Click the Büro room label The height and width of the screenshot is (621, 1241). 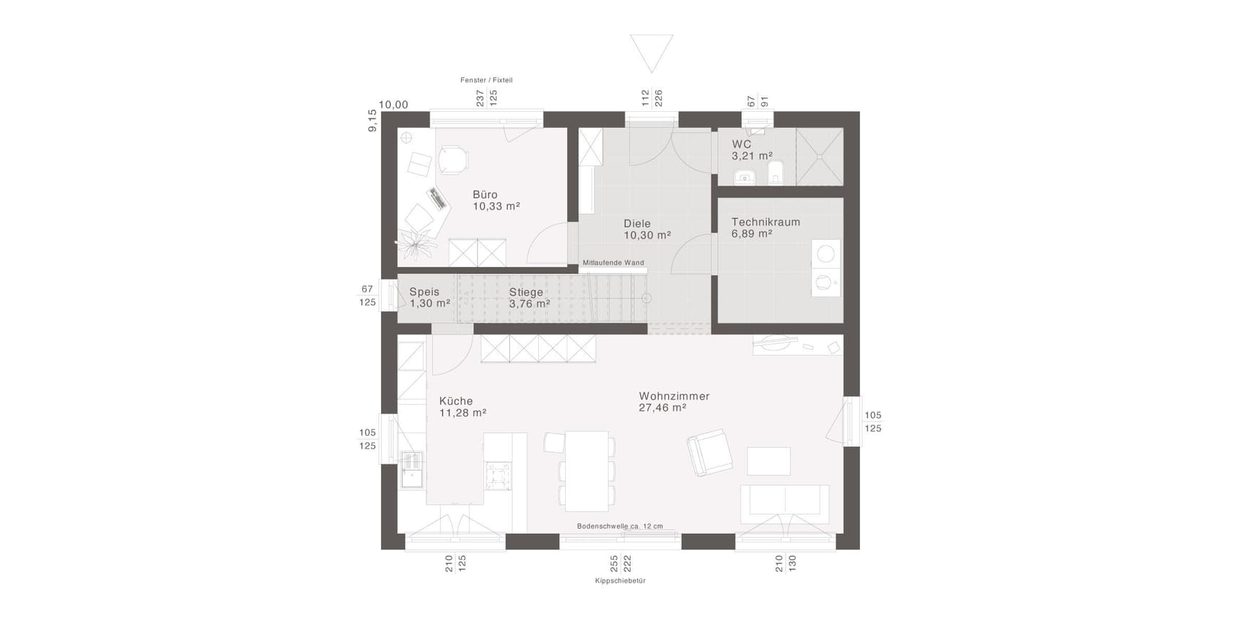tap(485, 194)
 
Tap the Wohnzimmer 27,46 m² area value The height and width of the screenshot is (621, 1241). tap(662, 408)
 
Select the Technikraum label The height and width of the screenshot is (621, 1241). tap(766, 222)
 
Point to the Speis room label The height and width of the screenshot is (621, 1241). tap(424, 292)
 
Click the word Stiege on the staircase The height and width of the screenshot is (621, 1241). tap(526, 292)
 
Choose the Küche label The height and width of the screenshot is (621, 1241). tap(456, 401)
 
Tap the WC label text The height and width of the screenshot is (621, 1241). tap(742, 144)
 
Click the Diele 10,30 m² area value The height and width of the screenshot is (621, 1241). tap(647, 235)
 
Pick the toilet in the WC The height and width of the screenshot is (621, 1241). tap(776, 173)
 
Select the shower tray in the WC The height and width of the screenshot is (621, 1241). tap(820, 157)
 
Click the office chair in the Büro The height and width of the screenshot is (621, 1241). tap(452, 160)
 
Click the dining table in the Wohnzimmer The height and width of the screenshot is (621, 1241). tap(587, 471)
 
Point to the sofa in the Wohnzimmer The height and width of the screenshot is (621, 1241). tap(784, 504)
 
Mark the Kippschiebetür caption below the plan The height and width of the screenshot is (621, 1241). tap(620, 581)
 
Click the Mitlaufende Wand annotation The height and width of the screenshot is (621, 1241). tap(613, 263)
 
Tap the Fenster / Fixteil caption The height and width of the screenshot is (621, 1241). tap(486, 80)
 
